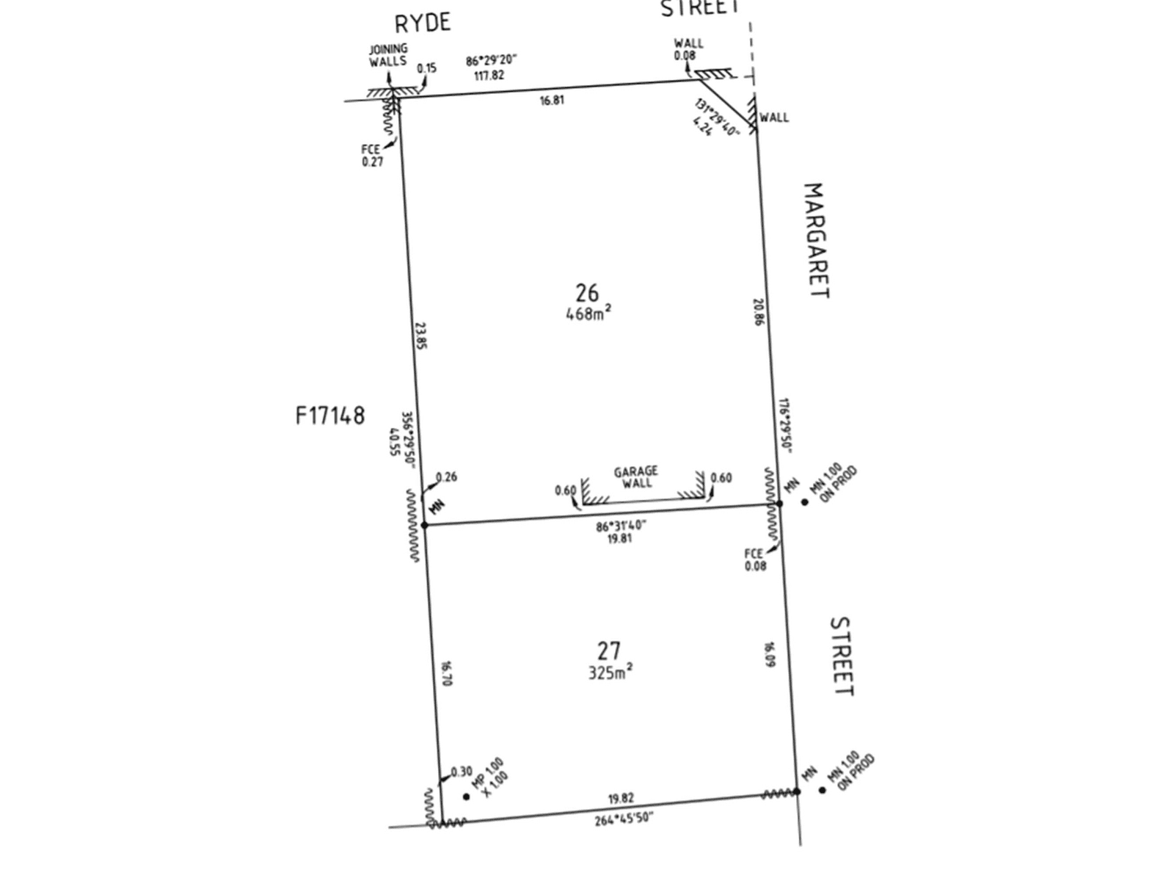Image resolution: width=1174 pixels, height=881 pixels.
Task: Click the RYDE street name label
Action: pos(423,23)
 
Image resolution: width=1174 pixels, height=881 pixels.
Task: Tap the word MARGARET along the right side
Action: pos(816,241)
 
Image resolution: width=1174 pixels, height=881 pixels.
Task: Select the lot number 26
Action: pos(587,293)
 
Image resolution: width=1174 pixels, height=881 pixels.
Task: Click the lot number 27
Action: pos(609,650)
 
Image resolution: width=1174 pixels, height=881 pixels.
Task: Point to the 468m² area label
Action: pos(588,313)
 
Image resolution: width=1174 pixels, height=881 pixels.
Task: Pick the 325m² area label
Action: pos(610,672)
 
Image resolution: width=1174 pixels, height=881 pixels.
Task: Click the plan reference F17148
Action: pos(330,416)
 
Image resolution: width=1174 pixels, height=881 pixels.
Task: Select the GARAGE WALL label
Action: pos(636,476)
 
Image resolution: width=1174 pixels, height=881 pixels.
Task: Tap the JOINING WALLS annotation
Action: pos(388,55)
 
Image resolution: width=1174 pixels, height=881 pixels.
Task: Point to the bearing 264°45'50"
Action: pos(624,819)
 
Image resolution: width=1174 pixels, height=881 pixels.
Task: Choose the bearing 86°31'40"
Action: pos(621,526)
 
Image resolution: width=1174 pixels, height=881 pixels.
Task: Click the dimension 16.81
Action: pos(552,101)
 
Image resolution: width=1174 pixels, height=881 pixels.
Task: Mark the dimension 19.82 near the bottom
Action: pos(621,798)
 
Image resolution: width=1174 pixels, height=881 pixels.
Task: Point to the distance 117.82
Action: pos(489,75)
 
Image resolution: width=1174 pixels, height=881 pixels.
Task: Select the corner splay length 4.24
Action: pos(702,128)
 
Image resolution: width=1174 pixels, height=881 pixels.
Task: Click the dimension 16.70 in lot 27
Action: pos(446,673)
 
